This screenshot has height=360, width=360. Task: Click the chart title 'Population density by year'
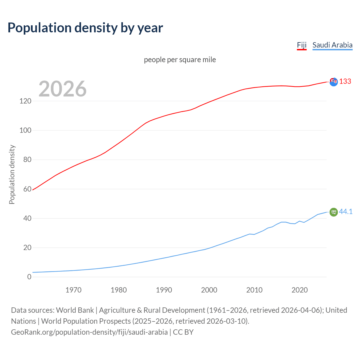tap(85, 28)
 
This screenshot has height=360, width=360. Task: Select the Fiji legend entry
tap(301, 45)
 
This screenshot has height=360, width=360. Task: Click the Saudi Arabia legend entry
tap(332, 45)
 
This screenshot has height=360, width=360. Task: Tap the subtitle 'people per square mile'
tap(180, 60)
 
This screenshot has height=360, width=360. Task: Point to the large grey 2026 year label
tap(62, 89)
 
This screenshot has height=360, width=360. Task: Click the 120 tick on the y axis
tap(25, 101)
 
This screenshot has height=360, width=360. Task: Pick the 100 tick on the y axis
tap(25, 130)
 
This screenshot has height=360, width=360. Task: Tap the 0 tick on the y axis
tap(29, 277)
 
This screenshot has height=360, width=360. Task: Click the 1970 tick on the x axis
tap(73, 290)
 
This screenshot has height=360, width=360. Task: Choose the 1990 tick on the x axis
tap(164, 290)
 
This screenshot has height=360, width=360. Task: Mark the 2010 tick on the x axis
tap(254, 290)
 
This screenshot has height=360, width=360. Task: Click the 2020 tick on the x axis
tap(300, 290)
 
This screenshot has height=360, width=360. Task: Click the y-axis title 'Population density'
tap(12, 174)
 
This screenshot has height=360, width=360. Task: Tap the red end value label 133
tap(345, 82)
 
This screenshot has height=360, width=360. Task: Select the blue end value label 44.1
tap(346, 211)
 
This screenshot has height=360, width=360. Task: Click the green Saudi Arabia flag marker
tap(334, 212)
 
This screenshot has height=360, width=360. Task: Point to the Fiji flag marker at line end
tap(334, 82)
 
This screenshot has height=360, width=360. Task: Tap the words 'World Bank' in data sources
tap(75, 310)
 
